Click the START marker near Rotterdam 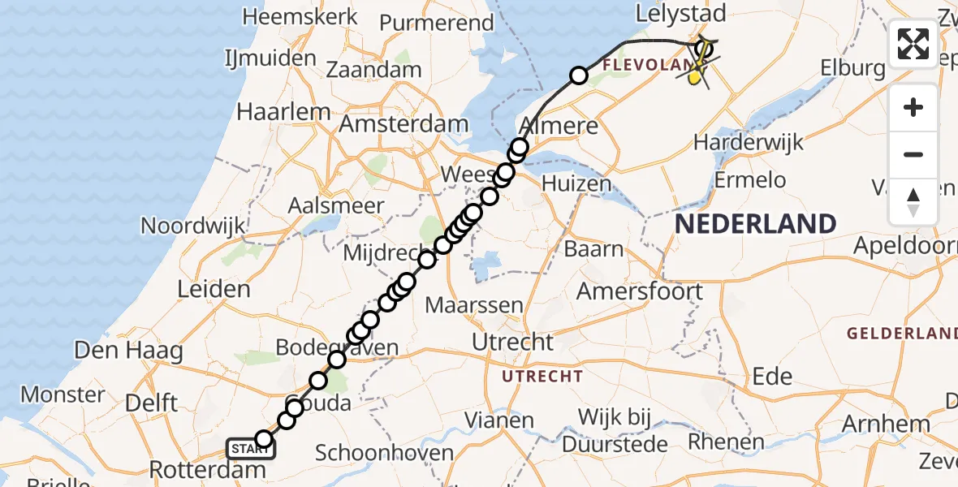coord(251,448)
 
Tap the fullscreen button coord(913,44)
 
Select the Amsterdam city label coord(403,125)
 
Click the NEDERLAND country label coord(756,223)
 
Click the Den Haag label coord(128,351)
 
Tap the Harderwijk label coord(748,143)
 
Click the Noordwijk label coord(192,225)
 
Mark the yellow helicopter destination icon coord(697,75)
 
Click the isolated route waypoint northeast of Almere coord(579,75)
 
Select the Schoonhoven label coord(384,452)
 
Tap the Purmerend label coord(437,23)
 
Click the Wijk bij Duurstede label coord(621,430)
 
